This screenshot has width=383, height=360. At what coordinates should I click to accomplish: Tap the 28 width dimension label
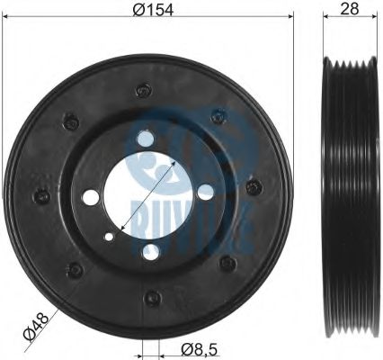(x=350, y=9)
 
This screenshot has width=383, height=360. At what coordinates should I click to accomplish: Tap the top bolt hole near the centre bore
(x=145, y=139)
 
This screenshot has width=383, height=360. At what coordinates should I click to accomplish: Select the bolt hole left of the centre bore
(x=91, y=197)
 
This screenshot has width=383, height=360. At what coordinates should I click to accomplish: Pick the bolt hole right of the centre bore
(x=206, y=192)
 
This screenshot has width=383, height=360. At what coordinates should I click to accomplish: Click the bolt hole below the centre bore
(x=150, y=251)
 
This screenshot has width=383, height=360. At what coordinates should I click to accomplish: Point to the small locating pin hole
(x=109, y=237)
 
